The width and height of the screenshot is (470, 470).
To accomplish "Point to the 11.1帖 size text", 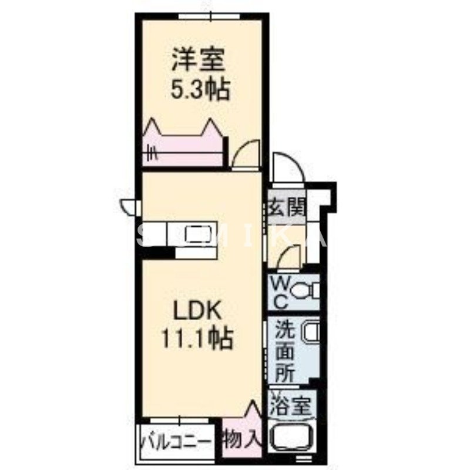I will click(196, 338).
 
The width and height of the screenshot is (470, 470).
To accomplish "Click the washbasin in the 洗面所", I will click(310, 333).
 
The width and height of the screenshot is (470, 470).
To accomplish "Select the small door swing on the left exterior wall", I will click(129, 206).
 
